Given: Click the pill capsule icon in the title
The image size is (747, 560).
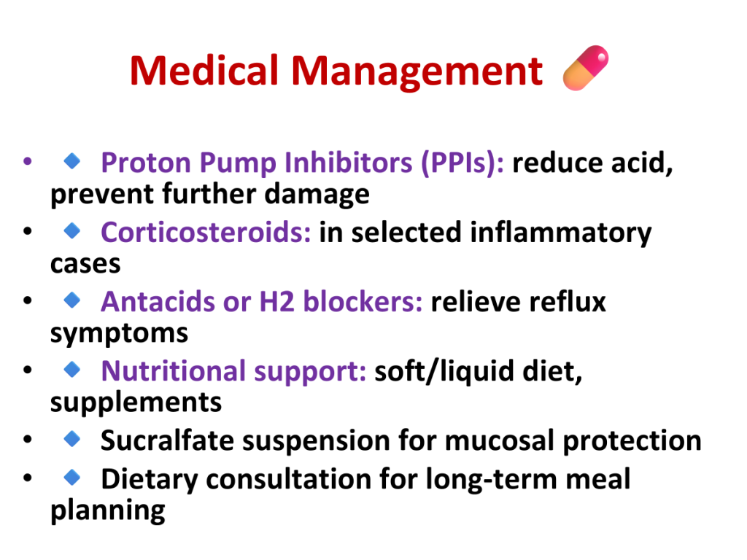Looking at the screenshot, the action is [x=586, y=68].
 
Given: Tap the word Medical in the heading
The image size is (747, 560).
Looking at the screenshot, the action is [x=204, y=71].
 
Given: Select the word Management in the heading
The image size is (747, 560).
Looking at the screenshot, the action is [x=417, y=72].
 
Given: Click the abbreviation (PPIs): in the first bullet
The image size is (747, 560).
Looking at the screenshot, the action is [x=462, y=163].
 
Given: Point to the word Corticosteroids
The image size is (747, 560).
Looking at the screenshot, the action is [x=206, y=232].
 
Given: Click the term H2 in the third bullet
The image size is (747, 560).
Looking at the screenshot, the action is [x=276, y=301].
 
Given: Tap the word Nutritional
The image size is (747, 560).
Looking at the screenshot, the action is [x=174, y=371].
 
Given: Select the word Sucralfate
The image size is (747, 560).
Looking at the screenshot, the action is [x=167, y=440].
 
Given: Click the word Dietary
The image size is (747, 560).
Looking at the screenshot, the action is [x=149, y=480].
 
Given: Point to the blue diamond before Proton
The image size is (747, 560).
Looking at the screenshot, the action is [x=72, y=161].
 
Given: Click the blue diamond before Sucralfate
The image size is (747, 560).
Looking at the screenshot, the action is [x=72, y=438].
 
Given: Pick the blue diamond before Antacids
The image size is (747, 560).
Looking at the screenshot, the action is [x=72, y=300].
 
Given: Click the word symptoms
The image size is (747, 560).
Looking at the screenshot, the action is [x=119, y=334].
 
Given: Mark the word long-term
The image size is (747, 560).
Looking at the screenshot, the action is [x=491, y=480].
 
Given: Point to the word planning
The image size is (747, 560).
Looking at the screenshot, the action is [x=108, y=511].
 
